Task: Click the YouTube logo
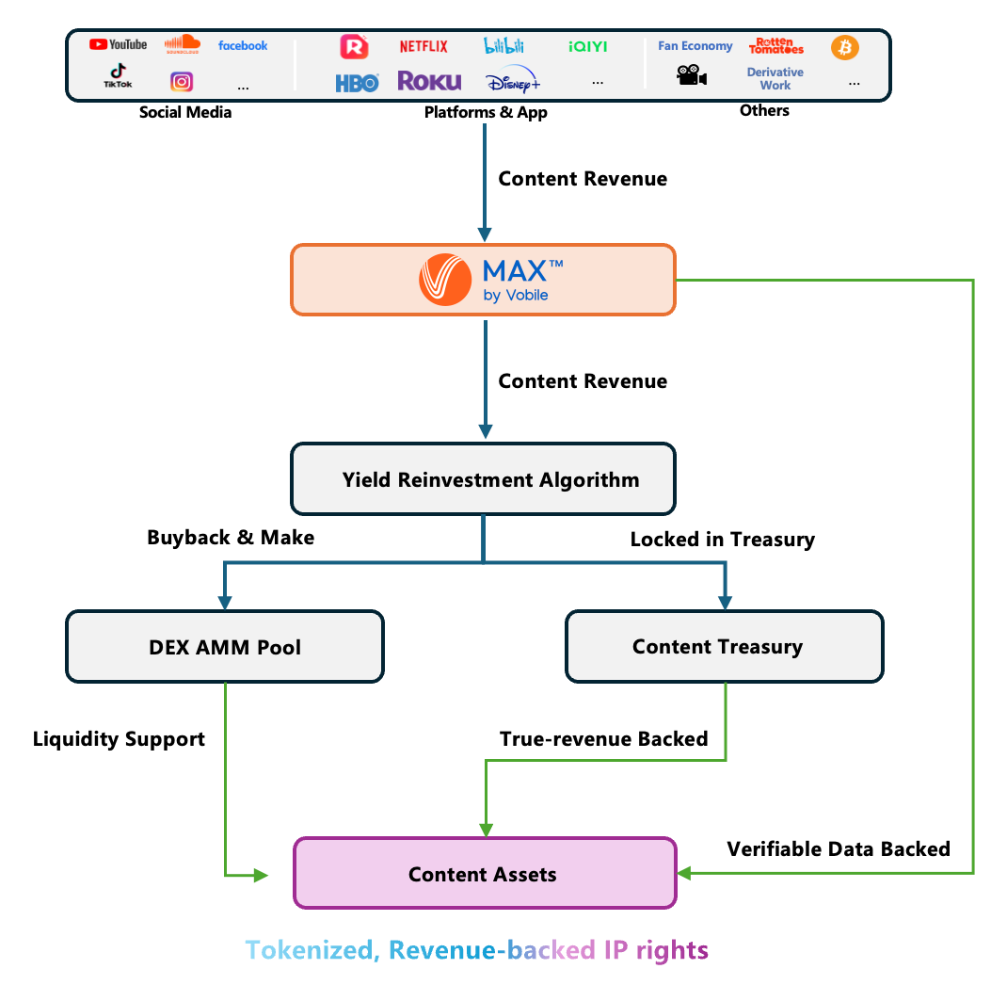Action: point(118,44)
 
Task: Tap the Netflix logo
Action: point(424,46)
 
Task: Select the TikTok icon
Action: point(118,76)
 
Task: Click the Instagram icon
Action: point(182,82)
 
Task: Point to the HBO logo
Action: point(357,83)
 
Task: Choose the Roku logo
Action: point(429,81)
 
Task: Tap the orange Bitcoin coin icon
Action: point(845,47)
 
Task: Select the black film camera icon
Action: point(692,76)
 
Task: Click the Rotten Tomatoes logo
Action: point(776,46)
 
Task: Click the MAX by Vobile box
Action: point(483,280)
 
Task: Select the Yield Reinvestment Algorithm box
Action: point(483,479)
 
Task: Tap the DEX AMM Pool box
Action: point(225,647)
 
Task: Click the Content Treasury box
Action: point(724,647)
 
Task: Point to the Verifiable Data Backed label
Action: point(839,848)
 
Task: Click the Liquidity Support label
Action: point(119,739)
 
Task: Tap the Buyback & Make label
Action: point(231,538)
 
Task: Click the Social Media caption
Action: point(185,112)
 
